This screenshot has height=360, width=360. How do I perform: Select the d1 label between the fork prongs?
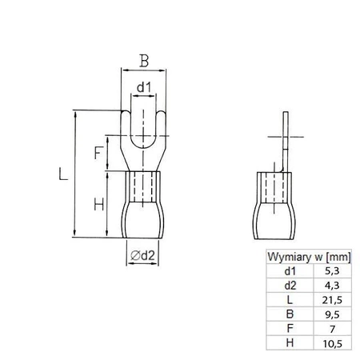pos(142,86)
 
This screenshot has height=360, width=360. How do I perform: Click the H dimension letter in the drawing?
pos(98,205)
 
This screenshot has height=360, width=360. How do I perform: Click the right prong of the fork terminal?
pos(158,132)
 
